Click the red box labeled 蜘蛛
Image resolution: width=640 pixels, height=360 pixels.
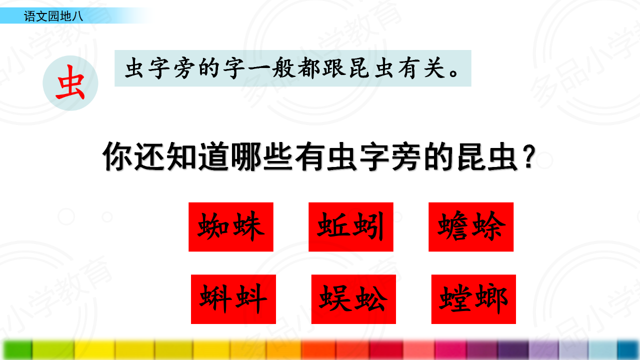(231, 227)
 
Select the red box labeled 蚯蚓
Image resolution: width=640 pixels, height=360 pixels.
(351, 227)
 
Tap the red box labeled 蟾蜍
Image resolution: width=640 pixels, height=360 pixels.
(471, 227)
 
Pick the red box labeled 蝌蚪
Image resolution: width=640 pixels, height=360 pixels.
(233, 299)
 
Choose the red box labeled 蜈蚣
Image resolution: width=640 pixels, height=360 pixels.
(353, 299)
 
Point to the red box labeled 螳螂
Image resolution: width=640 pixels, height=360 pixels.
(473, 299)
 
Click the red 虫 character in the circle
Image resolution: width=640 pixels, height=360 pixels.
(70, 82)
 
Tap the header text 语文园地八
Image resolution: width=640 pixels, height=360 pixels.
(53, 16)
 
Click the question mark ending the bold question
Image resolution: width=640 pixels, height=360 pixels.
(530, 156)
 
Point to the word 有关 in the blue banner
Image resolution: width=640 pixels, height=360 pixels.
(422, 68)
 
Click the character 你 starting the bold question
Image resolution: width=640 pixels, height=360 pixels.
(117, 156)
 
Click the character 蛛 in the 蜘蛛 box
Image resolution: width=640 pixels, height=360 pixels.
(248, 226)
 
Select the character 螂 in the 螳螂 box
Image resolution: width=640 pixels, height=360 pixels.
(491, 298)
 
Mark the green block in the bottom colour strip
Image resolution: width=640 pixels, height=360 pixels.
(17, 349)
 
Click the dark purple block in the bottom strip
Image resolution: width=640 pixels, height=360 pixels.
(513, 349)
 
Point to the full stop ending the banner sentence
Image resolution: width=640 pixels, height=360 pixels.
(453, 73)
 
